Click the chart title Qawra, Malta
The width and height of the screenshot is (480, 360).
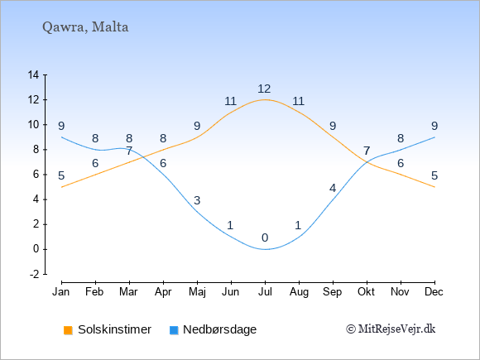point(85,27)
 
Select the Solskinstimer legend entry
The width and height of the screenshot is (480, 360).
point(108,329)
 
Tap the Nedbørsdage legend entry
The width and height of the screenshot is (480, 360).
point(213,329)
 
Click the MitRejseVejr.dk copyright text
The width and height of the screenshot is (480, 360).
point(391,329)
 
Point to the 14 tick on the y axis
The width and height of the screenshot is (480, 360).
point(33,74)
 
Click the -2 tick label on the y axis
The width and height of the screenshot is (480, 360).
point(34,274)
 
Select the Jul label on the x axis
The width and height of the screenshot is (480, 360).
point(265,292)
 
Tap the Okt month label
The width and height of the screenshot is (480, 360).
point(366,292)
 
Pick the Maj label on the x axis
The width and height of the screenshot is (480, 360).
point(197,292)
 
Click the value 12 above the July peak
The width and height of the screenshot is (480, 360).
point(264,89)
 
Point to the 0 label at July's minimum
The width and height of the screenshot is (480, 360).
point(265,238)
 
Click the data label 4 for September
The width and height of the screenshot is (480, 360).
point(333,188)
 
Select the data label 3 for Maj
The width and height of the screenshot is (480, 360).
point(197,200)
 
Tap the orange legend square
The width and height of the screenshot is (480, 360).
point(68,330)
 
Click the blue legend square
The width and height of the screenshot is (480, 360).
point(174,330)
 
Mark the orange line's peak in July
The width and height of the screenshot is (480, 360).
point(265,99)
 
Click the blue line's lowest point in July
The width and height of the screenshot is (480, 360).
point(265,249)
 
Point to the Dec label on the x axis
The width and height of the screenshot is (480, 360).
point(434,292)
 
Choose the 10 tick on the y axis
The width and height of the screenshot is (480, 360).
point(33,125)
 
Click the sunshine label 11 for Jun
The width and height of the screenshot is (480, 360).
point(231,101)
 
